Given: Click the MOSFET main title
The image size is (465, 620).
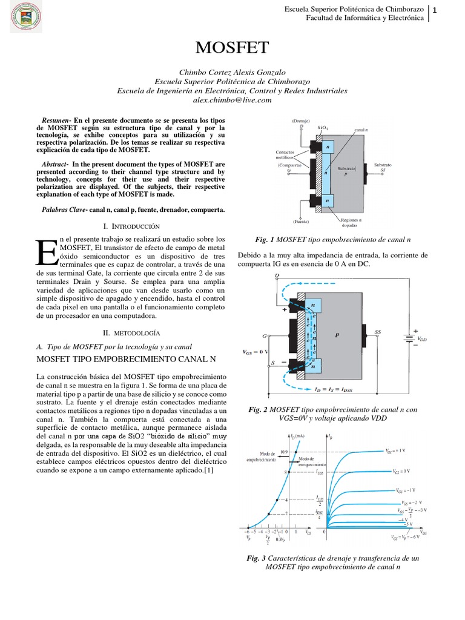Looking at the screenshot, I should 232,48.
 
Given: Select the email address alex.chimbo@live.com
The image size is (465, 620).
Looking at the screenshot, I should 232,101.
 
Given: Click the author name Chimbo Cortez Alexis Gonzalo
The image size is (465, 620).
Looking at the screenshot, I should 232,71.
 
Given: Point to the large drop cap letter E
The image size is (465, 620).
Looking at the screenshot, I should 47,251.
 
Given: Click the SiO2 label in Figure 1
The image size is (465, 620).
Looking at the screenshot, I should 323,128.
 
